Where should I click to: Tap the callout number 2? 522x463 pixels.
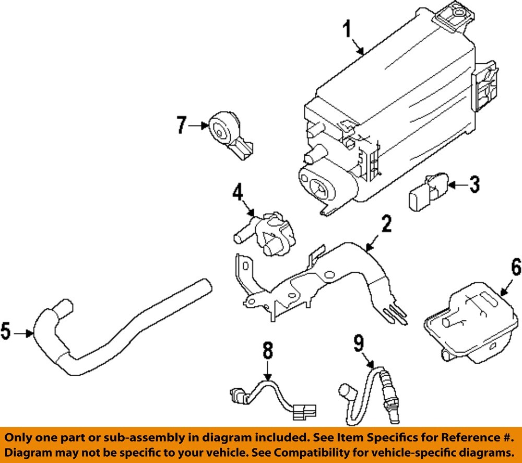click(x=386, y=225)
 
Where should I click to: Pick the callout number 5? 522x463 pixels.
click(x=7, y=332)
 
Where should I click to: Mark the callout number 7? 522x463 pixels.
click(x=181, y=125)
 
